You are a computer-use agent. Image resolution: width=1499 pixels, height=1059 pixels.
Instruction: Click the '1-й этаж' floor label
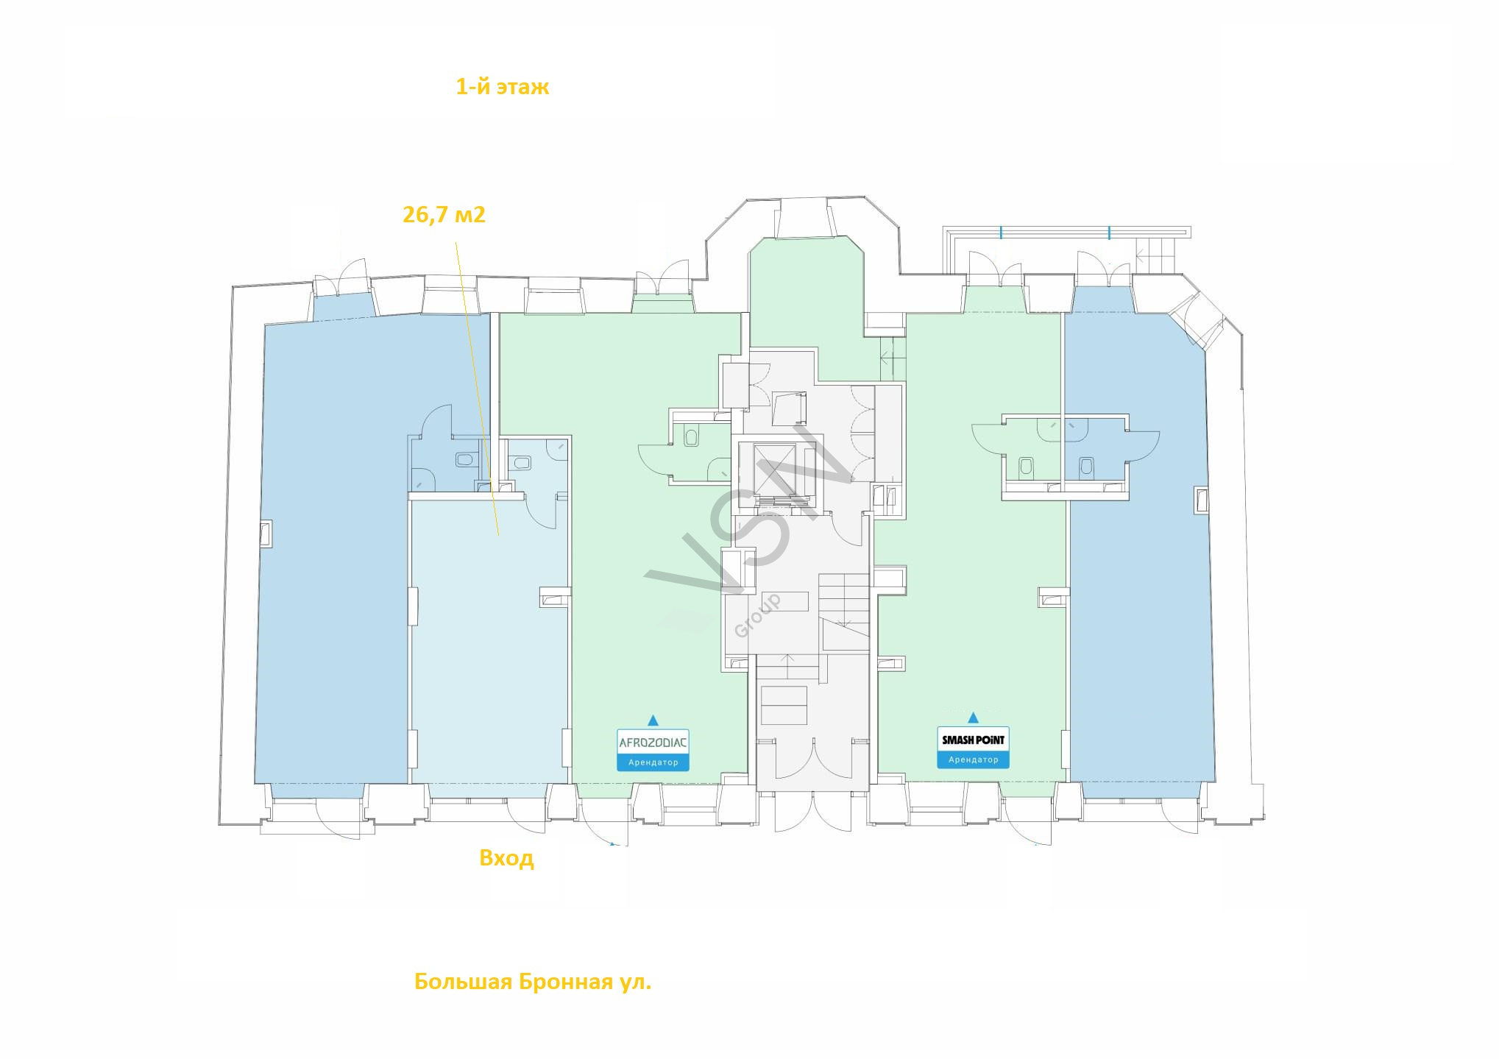pos(503,88)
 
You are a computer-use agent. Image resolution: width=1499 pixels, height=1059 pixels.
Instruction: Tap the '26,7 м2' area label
pos(444,215)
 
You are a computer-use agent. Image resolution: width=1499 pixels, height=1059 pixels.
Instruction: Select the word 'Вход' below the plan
pos(506,858)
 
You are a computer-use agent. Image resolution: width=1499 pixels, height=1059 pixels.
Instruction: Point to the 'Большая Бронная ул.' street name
pos(533,982)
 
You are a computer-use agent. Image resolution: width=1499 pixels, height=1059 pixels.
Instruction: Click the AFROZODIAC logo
pos(653,742)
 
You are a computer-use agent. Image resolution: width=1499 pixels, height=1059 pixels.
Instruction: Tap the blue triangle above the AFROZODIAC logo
pos(653,720)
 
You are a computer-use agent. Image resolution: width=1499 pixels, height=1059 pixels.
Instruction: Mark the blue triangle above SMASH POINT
pos(974,718)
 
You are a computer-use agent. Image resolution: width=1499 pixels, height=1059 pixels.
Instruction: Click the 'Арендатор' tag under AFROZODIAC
pos(653,762)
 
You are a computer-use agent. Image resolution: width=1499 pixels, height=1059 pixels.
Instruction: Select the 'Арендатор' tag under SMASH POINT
pos(973,759)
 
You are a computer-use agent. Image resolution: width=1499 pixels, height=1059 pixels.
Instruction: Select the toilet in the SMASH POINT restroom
pos(1027,466)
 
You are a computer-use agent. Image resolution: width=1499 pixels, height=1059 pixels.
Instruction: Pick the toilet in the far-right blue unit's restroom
pos(1085,466)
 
